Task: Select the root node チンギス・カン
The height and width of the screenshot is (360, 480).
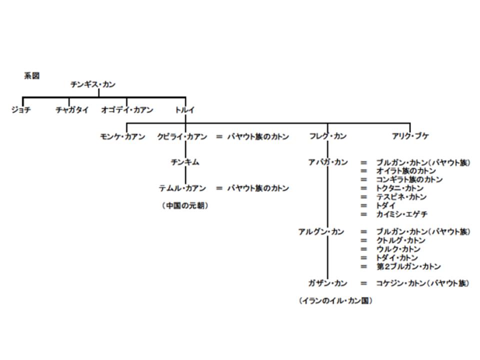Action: (x=92, y=84)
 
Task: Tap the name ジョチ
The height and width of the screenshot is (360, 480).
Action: (x=21, y=110)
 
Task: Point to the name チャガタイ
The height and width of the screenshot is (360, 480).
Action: (x=72, y=110)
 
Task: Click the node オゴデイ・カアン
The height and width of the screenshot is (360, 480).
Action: (x=127, y=110)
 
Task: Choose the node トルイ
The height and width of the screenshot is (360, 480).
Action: (x=185, y=110)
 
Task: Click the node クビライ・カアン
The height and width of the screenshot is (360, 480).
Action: (x=182, y=136)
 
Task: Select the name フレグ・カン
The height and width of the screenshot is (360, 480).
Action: (x=328, y=136)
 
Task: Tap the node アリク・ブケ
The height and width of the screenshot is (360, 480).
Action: (x=410, y=136)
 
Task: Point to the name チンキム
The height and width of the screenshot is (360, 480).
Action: (x=185, y=162)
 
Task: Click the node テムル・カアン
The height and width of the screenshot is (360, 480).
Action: (x=182, y=188)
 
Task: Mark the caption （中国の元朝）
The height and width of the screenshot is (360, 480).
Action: (x=185, y=205)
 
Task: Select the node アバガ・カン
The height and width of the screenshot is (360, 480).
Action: (x=328, y=162)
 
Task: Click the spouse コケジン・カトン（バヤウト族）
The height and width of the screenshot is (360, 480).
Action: (x=422, y=283)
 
